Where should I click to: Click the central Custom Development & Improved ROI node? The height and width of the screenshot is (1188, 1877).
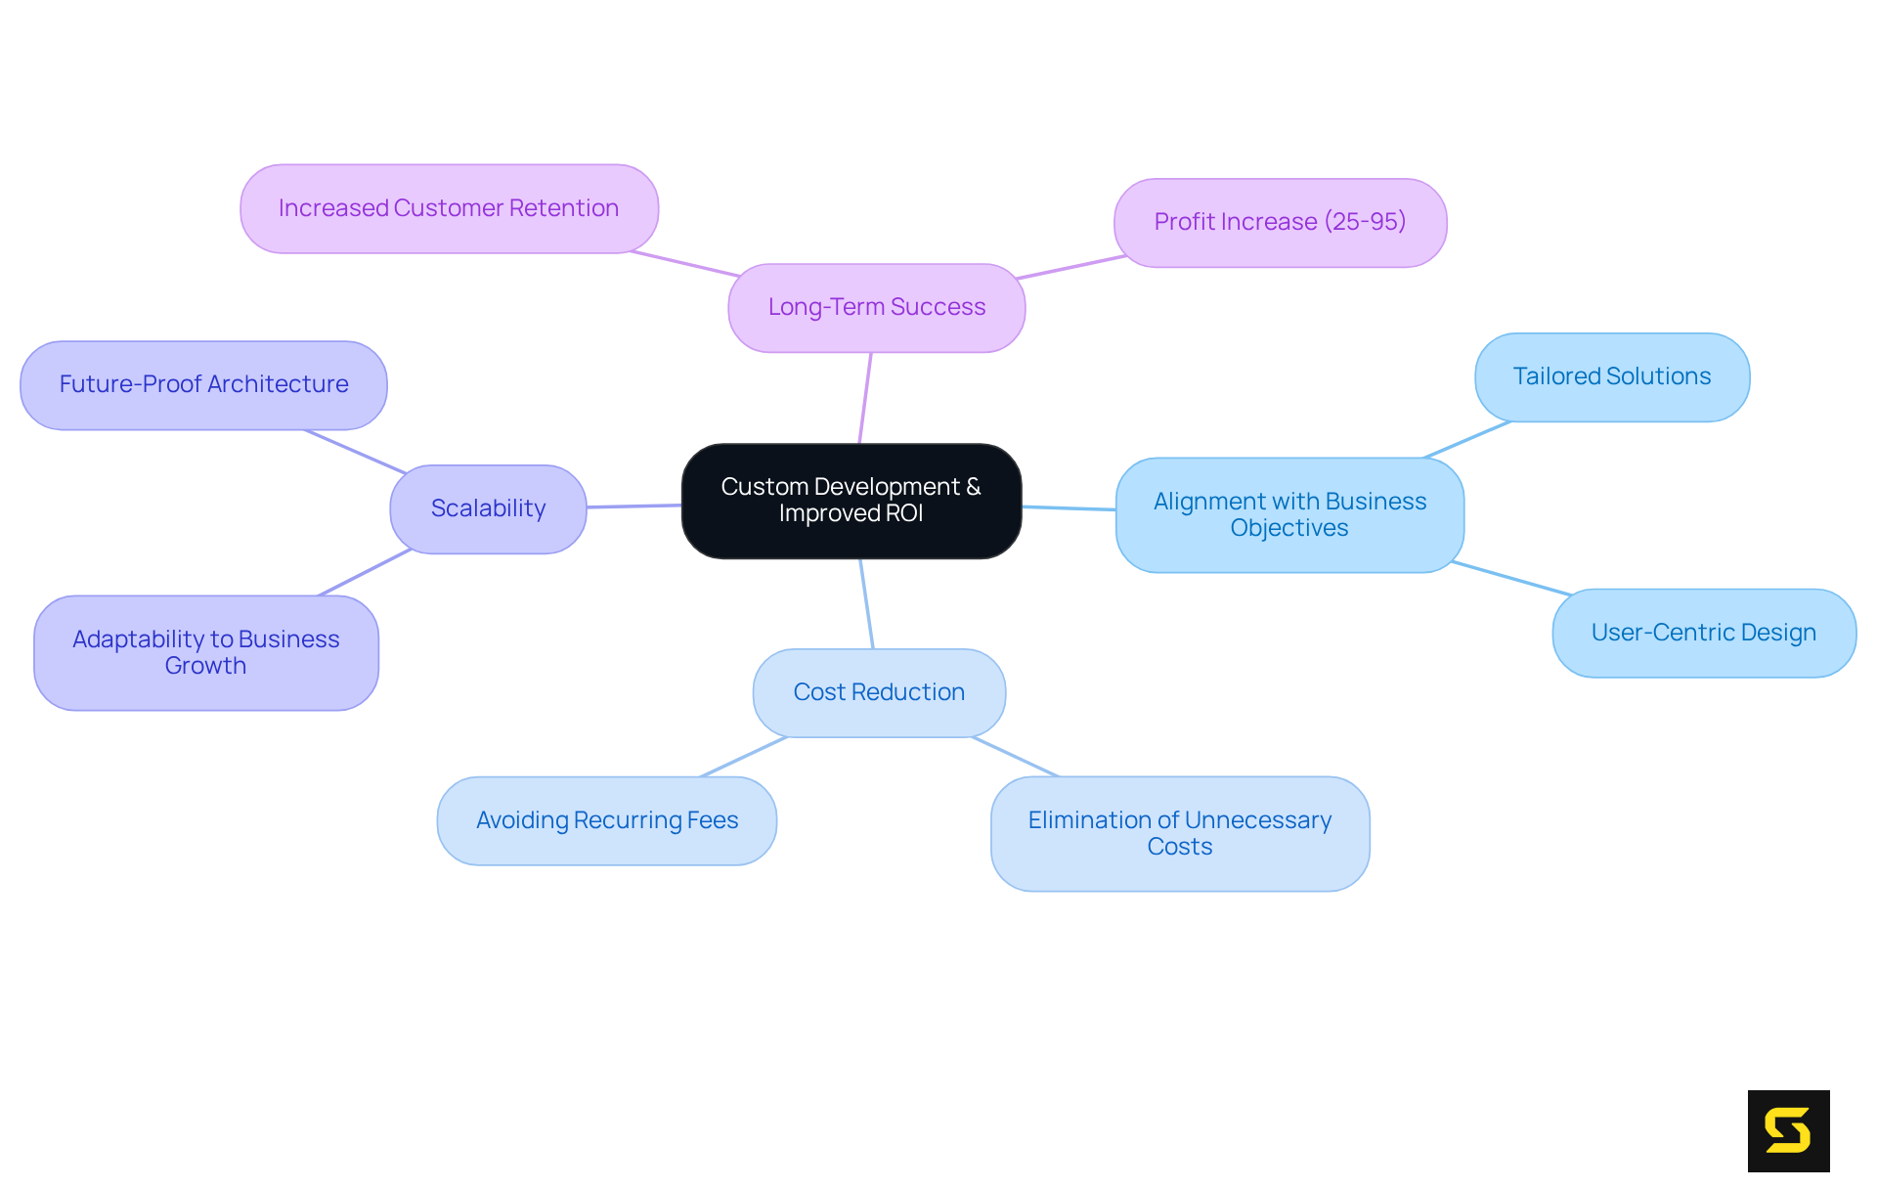(x=851, y=501)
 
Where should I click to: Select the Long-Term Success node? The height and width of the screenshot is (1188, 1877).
(x=876, y=307)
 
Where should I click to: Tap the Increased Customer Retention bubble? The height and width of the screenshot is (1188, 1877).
(x=449, y=208)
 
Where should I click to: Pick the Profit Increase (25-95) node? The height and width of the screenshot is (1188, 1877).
(x=1280, y=222)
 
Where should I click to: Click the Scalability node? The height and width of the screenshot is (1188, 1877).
(x=488, y=508)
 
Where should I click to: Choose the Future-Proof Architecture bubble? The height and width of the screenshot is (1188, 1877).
(x=203, y=384)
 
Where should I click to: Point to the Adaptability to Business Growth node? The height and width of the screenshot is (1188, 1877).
(x=205, y=652)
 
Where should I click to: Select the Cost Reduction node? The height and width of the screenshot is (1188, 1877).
(x=879, y=692)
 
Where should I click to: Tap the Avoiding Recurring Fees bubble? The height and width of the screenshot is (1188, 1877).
(x=606, y=820)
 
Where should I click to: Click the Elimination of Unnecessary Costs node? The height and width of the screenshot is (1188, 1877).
(x=1179, y=833)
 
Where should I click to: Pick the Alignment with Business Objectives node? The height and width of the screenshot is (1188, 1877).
(x=1288, y=514)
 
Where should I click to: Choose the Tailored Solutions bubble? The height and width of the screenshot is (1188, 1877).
(x=1611, y=376)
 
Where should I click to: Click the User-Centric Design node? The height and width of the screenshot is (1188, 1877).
(x=1703, y=633)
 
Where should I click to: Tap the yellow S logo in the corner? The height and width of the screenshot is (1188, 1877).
(x=1788, y=1130)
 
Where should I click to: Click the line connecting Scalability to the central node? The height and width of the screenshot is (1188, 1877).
(x=633, y=506)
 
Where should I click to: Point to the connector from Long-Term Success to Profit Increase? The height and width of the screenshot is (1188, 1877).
(x=1070, y=267)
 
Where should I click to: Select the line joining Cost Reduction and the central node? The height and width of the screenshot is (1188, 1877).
(x=866, y=603)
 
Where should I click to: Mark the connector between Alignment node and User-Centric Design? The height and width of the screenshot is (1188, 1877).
(x=1511, y=578)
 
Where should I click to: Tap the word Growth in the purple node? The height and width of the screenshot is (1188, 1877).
(x=205, y=666)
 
